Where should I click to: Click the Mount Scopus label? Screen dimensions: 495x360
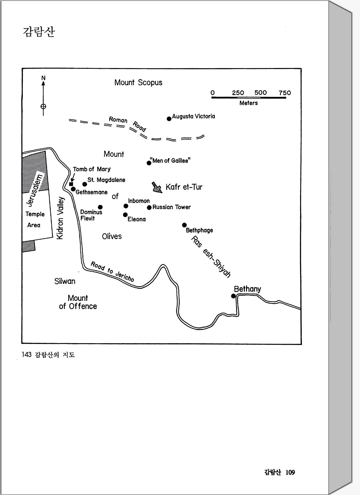click(138, 82)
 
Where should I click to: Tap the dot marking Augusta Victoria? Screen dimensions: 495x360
click(169, 119)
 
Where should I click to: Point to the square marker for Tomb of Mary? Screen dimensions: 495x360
click(71, 184)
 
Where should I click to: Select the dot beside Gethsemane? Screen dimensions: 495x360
click(73, 189)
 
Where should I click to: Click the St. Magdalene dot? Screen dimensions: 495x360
click(85, 184)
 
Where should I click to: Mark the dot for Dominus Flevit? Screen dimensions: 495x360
click(100, 207)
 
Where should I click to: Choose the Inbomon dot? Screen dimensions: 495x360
click(126, 206)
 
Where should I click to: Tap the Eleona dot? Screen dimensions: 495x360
click(125, 215)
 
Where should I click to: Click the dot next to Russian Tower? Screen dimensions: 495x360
click(149, 207)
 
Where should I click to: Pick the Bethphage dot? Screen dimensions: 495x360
click(184, 225)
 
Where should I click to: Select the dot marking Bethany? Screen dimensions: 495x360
click(233, 296)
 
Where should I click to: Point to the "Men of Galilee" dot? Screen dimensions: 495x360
click(149, 163)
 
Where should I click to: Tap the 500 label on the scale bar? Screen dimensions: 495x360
click(260, 93)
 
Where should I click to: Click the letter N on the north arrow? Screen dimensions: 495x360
click(43, 78)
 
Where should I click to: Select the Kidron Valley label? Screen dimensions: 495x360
click(60, 218)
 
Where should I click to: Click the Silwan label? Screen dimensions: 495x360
click(65, 281)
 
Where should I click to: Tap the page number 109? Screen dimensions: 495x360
click(290, 472)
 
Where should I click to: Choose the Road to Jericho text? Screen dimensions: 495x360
click(112, 272)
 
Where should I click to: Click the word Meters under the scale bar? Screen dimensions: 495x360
click(248, 103)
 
